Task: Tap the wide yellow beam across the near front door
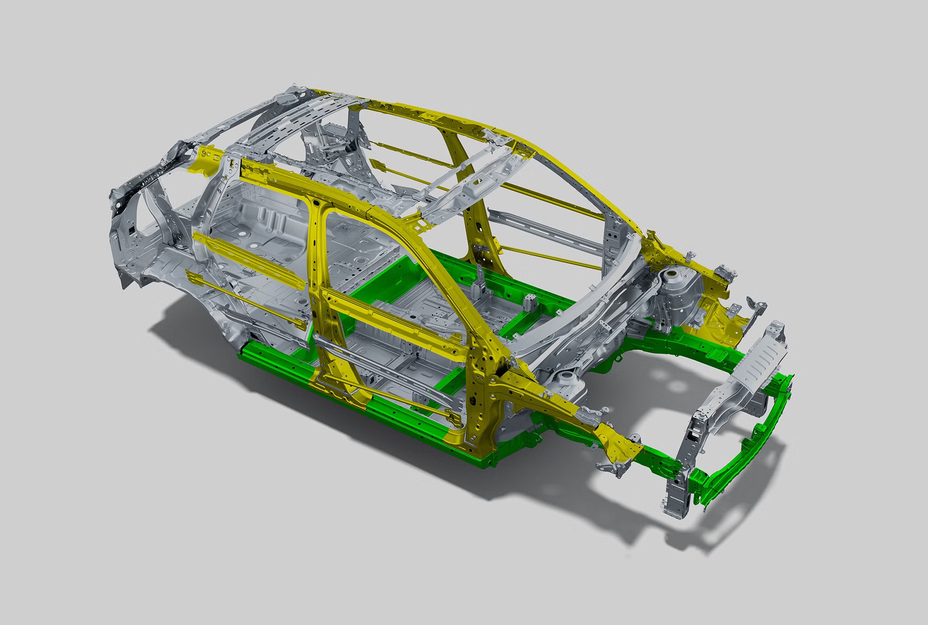pyautogui.click(x=394, y=320)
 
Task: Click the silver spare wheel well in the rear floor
pyautogui.click(x=260, y=216)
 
